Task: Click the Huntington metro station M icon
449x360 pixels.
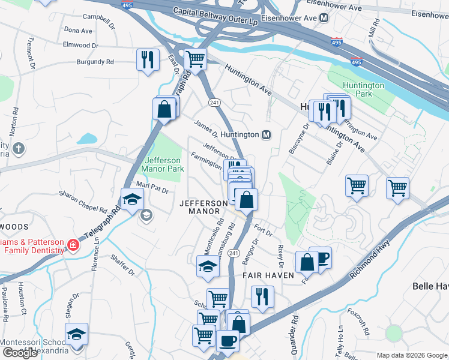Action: (266, 135)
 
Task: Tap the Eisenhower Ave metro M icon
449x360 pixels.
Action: (324, 18)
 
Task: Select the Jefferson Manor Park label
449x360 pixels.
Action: (164, 164)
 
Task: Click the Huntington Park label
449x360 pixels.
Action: (364, 89)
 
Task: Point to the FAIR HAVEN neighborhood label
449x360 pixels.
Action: (268, 275)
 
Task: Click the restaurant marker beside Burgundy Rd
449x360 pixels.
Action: (147, 59)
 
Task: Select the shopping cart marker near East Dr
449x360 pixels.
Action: (195, 59)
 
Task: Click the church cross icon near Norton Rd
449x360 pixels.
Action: (19, 148)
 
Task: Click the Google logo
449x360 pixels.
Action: (20, 353)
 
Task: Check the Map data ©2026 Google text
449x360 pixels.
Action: (411, 355)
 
